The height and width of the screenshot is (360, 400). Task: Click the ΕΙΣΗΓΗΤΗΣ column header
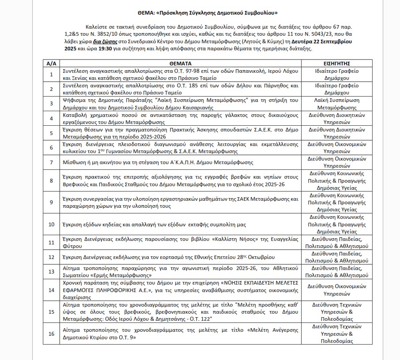point(334,63)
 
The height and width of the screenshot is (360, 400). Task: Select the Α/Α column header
point(51,63)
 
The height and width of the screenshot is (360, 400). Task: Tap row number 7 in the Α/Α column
point(51,162)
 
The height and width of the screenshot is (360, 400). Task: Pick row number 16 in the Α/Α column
point(51,334)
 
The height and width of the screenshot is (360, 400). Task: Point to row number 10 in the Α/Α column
point(51,224)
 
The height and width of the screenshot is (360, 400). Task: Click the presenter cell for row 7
point(334,162)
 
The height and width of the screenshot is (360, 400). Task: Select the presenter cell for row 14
point(334,289)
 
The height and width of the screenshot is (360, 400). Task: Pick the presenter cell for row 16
point(334,334)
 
